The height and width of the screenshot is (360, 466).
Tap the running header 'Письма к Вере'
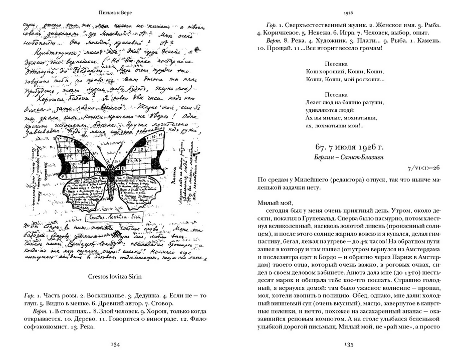pyautogui.click(x=116, y=11)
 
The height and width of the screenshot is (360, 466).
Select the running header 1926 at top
pyautogui.click(x=349, y=11)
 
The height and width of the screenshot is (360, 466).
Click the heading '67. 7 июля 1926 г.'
pyautogui.click(x=349, y=147)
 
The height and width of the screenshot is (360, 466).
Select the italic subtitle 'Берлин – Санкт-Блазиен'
pyautogui.click(x=349, y=158)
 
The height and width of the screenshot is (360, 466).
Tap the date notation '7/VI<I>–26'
pyautogui.click(x=424, y=168)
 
